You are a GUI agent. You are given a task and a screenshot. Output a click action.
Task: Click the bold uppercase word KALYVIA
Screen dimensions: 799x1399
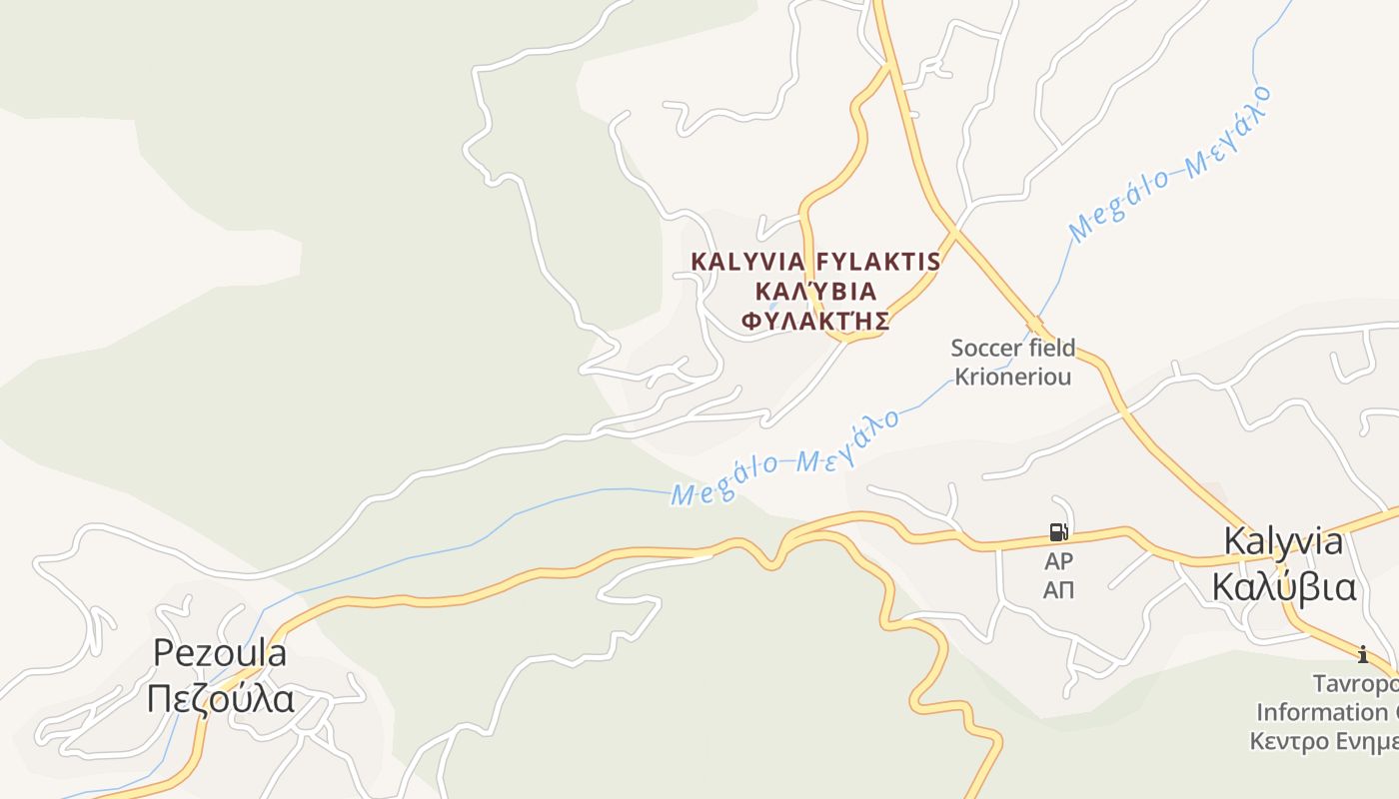tap(747, 262)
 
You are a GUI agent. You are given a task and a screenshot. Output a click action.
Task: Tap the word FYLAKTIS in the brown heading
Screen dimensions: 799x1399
tap(878, 262)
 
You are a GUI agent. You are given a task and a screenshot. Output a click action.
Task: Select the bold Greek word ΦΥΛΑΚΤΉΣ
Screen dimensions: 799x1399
tap(814, 322)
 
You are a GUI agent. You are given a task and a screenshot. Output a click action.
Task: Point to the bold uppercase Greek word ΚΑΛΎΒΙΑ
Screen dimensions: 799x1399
tap(815, 292)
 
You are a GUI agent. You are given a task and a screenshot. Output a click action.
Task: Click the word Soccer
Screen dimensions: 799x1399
tap(982, 349)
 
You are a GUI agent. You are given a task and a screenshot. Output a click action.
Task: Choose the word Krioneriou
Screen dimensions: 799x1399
tap(1012, 377)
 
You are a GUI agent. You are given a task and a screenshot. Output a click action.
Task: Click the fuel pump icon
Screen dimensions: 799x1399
tap(1058, 531)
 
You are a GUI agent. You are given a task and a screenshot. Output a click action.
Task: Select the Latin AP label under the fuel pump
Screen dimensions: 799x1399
tap(1058, 561)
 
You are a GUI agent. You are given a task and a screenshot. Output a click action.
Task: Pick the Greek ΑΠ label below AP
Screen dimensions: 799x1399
tap(1058, 590)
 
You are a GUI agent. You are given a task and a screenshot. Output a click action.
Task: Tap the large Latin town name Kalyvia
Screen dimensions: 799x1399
tap(1284, 541)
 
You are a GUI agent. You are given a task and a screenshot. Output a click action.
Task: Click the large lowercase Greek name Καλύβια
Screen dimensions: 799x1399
tap(1284, 587)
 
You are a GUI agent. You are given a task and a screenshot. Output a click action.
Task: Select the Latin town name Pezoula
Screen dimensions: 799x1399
tap(220, 653)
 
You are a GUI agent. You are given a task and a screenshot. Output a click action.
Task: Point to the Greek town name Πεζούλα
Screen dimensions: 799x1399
tap(220, 698)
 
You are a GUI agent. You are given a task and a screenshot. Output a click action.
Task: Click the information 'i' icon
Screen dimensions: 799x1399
tap(1362, 655)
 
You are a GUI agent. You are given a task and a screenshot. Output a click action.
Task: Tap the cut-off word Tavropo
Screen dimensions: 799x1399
tap(1355, 684)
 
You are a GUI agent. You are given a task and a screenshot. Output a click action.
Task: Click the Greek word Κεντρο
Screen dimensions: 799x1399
tap(1289, 742)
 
